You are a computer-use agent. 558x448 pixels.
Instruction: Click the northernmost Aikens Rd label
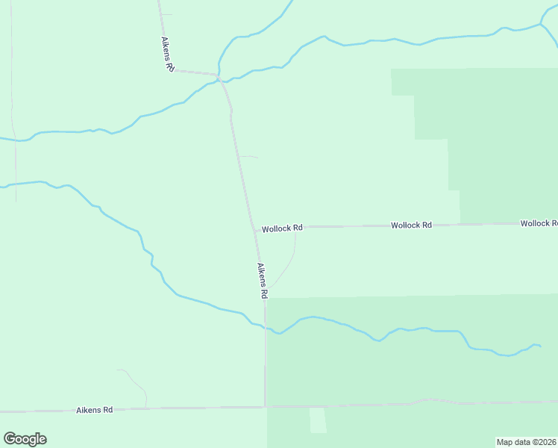[x=168, y=55]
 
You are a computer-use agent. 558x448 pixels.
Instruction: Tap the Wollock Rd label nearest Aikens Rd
[x=282, y=228]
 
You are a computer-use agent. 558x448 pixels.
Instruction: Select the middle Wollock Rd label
[x=411, y=225]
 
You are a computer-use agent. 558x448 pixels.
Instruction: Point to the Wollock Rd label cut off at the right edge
[x=539, y=223]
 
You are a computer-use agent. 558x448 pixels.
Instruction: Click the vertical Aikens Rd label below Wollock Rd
[x=262, y=281]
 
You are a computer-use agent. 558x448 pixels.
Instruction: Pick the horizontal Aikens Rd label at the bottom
[x=95, y=410]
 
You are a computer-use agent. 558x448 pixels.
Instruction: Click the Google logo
[x=25, y=439]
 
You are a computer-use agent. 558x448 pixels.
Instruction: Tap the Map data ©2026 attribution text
[x=526, y=442]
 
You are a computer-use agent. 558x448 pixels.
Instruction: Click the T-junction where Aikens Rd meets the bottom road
[x=265, y=407]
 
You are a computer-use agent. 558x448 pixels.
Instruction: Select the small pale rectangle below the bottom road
[x=319, y=420]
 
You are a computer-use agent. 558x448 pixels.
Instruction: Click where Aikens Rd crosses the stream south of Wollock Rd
[x=265, y=327]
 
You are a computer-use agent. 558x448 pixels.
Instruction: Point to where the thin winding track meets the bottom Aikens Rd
[x=145, y=408]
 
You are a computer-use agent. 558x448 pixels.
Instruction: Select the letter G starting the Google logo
[x=10, y=439]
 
